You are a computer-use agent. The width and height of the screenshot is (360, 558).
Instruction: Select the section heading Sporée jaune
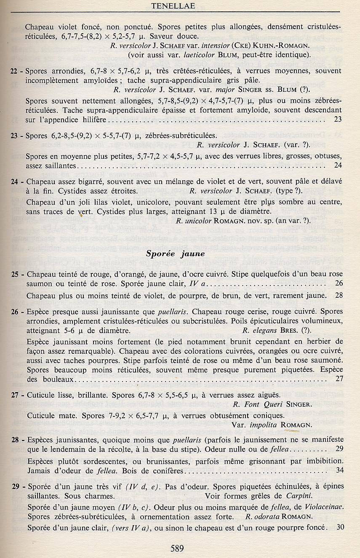[x=175, y=254]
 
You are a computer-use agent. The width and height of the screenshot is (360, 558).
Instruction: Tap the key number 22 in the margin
[x=13, y=72]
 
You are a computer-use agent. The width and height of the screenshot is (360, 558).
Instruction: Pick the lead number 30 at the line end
[x=340, y=527]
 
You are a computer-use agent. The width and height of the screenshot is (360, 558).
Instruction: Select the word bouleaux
[x=56, y=379]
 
